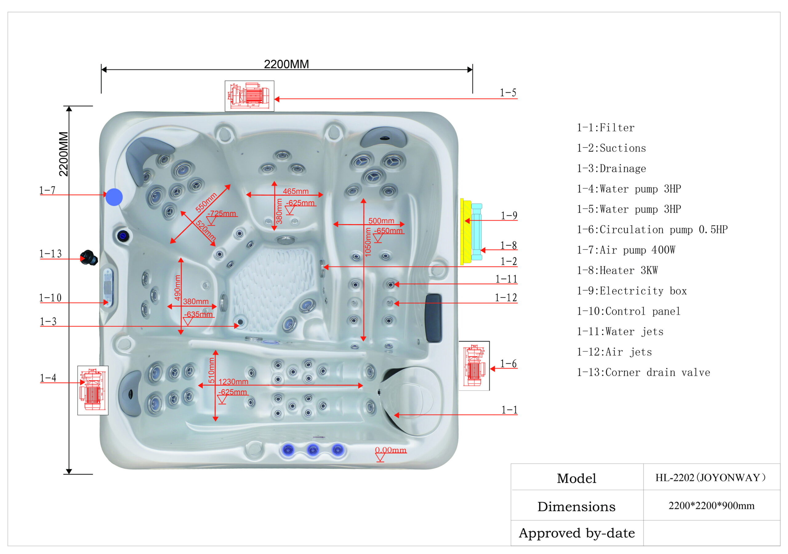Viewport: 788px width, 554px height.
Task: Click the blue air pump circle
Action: [x=114, y=197]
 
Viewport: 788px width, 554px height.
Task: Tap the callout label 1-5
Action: [x=508, y=93]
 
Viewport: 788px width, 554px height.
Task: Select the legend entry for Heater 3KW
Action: [x=617, y=271]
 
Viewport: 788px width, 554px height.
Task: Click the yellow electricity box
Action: [x=466, y=232]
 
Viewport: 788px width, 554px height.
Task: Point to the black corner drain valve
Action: [x=89, y=258]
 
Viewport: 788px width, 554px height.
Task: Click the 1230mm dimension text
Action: [x=233, y=381]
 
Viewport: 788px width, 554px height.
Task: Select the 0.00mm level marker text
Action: [x=390, y=450]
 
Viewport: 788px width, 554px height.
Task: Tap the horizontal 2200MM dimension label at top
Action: [x=286, y=64]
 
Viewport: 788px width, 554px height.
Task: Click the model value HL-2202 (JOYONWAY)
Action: [x=710, y=477]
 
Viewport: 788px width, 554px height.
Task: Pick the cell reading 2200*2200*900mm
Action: [x=711, y=506]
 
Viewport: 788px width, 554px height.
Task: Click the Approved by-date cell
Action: [x=577, y=533]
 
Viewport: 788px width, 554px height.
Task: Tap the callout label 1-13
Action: [x=50, y=254]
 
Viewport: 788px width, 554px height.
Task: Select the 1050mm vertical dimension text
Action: [x=368, y=242]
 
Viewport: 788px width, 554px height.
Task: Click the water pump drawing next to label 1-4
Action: [x=93, y=390]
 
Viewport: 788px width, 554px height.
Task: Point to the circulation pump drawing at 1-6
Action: [x=474, y=366]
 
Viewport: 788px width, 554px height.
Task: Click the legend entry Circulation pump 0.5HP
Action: [x=652, y=230]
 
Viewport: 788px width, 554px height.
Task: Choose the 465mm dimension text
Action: [x=295, y=191]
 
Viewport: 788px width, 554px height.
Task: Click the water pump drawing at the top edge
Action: [x=249, y=96]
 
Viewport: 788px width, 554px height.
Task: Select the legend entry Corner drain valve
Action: [x=643, y=372]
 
